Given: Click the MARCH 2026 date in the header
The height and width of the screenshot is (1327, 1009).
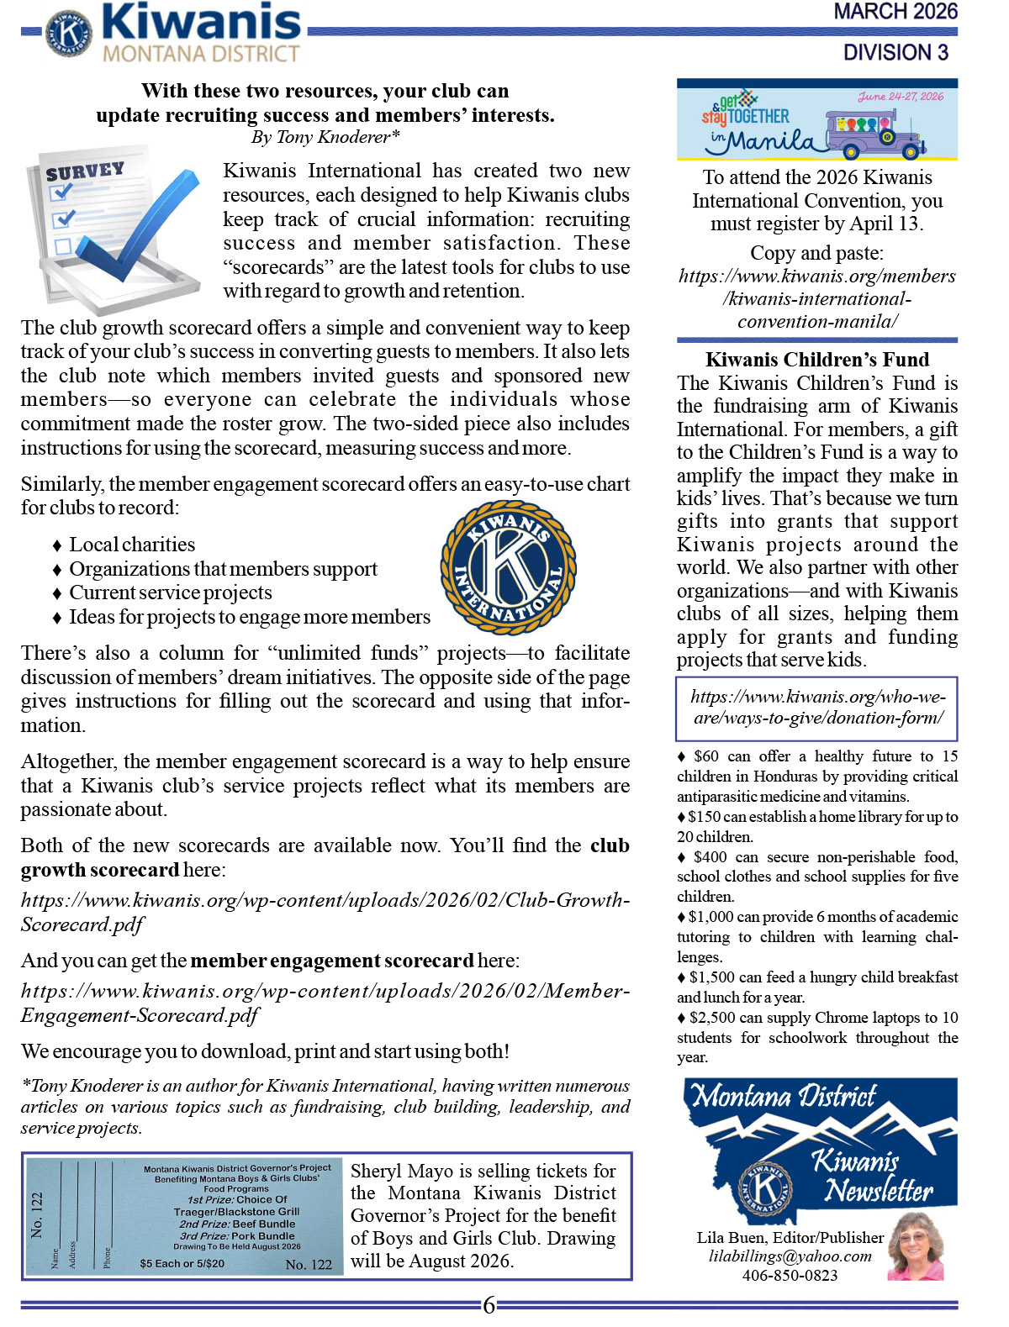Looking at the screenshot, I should click(895, 12).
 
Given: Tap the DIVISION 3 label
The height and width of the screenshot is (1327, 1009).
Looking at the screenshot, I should click(895, 52).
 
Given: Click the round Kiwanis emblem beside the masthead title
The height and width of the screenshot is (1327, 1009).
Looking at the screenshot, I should click(68, 32).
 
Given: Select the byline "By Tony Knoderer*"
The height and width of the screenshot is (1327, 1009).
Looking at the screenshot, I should click(325, 137).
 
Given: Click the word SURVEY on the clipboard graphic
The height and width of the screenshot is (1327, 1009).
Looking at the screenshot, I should click(85, 171).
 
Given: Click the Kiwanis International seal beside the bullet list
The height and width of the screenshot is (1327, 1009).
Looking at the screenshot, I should click(508, 567).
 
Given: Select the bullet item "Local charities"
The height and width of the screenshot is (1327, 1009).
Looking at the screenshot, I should click(132, 545).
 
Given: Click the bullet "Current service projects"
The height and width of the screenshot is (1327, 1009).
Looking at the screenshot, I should click(171, 592).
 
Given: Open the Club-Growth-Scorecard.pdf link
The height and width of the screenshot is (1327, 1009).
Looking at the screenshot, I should click(325, 912).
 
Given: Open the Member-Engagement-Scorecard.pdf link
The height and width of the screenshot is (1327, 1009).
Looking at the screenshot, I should click(325, 1003).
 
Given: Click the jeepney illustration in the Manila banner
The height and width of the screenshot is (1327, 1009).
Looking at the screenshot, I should click(874, 132).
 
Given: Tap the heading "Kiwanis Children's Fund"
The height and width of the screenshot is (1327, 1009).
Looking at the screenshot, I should click(816, 360).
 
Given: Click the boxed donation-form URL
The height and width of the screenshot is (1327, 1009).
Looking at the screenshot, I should click(816, 708).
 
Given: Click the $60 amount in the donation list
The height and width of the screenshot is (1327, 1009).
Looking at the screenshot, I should click(706, 756).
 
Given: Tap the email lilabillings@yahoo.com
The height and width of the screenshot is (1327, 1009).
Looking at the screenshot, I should click(790, 1256).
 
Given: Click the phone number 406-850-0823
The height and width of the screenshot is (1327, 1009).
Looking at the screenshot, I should click(790, 1276).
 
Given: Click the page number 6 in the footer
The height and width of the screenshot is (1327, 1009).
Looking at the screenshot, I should click(489, 1305).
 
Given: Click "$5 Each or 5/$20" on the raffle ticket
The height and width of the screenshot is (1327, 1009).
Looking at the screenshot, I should click(182, 1263).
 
